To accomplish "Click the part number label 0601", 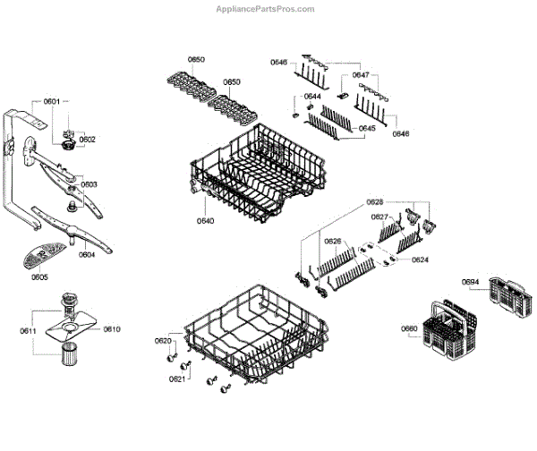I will point(52,102).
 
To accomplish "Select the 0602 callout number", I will point(87,139).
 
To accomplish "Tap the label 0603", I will point(89,184).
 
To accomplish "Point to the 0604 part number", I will point(87,254).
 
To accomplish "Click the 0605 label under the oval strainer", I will point(39,277).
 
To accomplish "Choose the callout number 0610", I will point(111,329).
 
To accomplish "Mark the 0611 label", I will point(28,331).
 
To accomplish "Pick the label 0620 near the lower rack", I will point(162,341).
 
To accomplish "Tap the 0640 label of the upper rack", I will point(206,220).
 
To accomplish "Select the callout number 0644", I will point(312,96).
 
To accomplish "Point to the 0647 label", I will point(361,75).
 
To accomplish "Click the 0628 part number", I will point(375,203).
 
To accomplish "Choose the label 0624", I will point(420,260).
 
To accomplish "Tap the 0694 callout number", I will point(471,283).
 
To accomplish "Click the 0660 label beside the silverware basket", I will point(409,328).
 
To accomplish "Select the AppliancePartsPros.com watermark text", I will point(266,9).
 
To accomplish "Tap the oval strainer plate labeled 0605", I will point(39,259).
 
